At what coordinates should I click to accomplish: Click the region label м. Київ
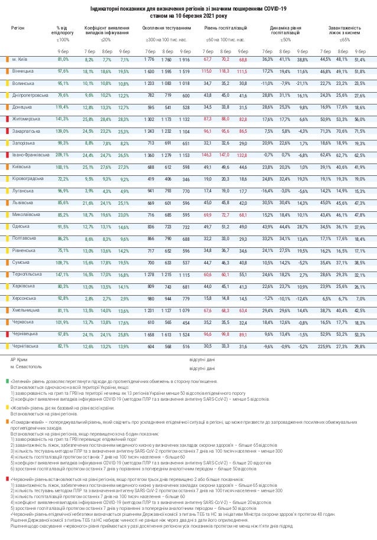click(19, 60)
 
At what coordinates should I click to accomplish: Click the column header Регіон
click(17, 28)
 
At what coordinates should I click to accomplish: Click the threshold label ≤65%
click(344, 40)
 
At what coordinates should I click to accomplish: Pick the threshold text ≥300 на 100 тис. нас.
click(166, 40)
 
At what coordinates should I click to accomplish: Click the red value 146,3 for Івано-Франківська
click(207, 155)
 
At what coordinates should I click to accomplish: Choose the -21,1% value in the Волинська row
click(303, 83)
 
